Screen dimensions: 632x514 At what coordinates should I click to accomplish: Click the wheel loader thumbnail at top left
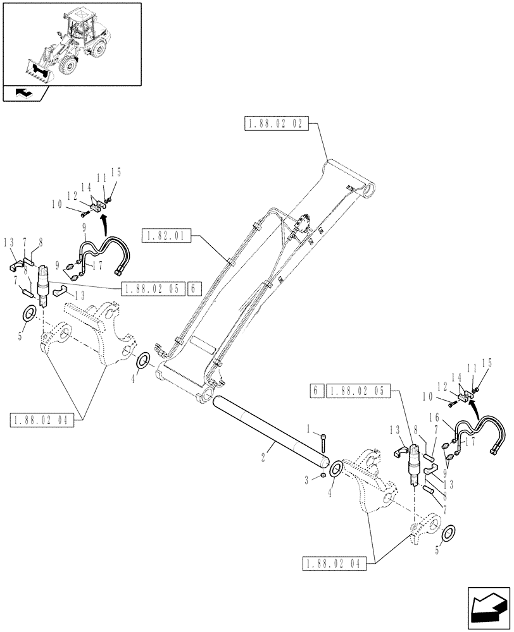pyautogui.click(x=72, y=44)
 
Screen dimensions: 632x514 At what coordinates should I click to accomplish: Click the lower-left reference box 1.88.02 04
pyautogui.click(x=42, y=419)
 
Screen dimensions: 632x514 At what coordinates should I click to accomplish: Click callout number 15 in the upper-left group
pyautogui.click(x=115, y=172)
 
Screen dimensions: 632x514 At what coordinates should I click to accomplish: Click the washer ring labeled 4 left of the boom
pyautogui.click(x=144, y=361)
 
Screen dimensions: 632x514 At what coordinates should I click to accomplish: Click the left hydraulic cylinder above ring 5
pyautogui.click(x=44, y=284)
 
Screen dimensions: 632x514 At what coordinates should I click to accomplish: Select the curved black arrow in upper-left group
pyautogui.click(x=104, y=222)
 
